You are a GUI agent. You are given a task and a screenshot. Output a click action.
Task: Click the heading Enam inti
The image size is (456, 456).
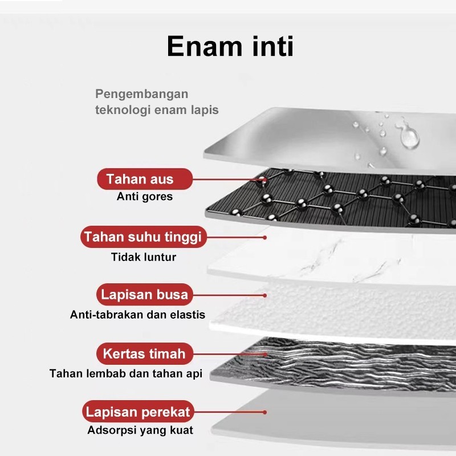(230, 46)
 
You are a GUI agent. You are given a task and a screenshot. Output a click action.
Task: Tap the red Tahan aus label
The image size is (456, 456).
(145, 179)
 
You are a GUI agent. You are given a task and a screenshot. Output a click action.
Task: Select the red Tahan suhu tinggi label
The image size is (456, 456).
(144, 237)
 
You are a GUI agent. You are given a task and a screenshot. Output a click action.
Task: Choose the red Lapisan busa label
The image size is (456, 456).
(145, 294)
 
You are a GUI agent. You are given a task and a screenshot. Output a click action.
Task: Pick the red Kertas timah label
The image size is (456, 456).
(145, 353)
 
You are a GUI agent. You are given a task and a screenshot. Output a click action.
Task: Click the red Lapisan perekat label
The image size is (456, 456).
(138, 412)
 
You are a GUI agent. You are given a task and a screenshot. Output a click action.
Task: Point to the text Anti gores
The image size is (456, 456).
(145, 197)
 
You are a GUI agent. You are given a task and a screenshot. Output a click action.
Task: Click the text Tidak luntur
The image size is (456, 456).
(144, 257)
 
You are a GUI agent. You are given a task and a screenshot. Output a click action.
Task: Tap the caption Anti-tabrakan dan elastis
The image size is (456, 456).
(137, 315)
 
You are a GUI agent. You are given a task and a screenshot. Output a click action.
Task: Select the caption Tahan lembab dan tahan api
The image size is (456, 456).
(126, 373)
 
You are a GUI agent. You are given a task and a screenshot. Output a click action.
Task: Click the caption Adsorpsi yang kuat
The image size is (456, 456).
(140, 430)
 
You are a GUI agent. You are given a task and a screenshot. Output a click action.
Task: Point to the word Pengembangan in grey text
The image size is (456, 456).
(141, 94)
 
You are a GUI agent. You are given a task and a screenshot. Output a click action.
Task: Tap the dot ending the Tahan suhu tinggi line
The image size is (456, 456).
(264, 238)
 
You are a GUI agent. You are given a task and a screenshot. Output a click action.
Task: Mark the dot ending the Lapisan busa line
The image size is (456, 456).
(264, 295)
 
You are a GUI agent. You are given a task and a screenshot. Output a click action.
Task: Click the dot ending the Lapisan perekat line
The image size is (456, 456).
(264, 412)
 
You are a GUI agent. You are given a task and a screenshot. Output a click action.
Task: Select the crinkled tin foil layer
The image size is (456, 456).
(335, 367)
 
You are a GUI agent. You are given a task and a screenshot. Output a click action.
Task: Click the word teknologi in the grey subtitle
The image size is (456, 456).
(123, 110)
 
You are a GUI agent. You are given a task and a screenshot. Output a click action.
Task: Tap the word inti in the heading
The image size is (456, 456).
(273, 46)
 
